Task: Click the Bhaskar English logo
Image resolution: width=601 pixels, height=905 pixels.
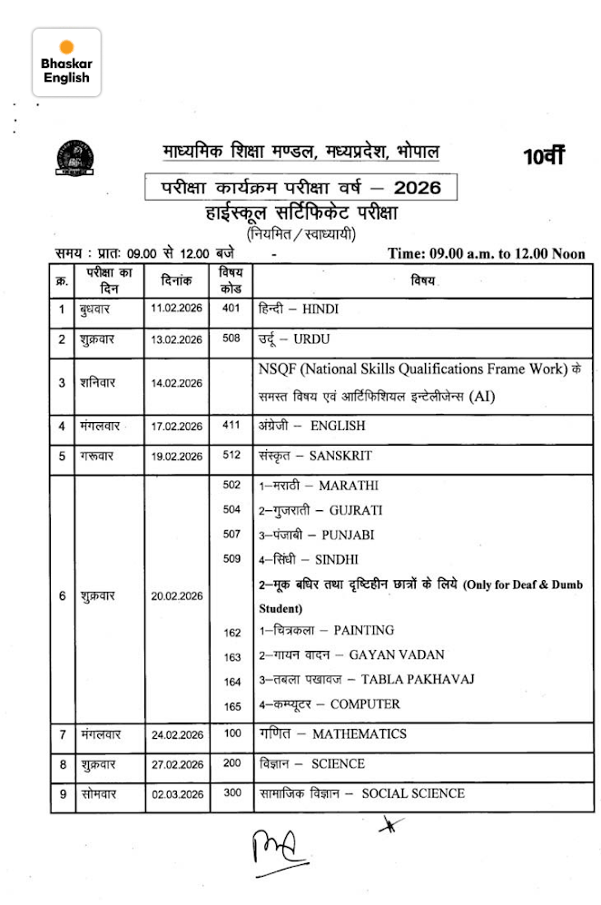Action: [x=66, y=62]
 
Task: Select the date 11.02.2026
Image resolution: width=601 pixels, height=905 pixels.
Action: [x=177, y=310]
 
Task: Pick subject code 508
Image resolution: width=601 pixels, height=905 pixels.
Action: [x=232, y=339]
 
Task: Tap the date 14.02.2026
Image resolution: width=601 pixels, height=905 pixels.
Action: [x=177, y=383]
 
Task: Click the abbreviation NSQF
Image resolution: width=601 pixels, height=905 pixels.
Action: [x=279, y=369]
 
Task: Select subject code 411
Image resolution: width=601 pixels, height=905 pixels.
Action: [x=232, y=425]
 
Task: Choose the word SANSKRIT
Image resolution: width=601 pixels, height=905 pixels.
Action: [x=340, y=456]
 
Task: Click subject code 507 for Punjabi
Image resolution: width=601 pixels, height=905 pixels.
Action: [x=232, y=534]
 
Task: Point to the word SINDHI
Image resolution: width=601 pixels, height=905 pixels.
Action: [x=336, y=559]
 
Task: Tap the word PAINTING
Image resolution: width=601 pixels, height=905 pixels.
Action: [x=363, y=630]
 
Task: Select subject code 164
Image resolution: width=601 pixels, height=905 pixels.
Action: [x=232, y=681]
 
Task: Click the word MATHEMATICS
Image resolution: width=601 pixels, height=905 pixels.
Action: [x=359, y=733]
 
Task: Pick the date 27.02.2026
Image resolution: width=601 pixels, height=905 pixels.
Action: [x=177, y=764]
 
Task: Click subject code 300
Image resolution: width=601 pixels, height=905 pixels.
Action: [x=232, y=792]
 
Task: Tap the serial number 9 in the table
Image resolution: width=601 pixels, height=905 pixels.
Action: [x=63, y=793]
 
